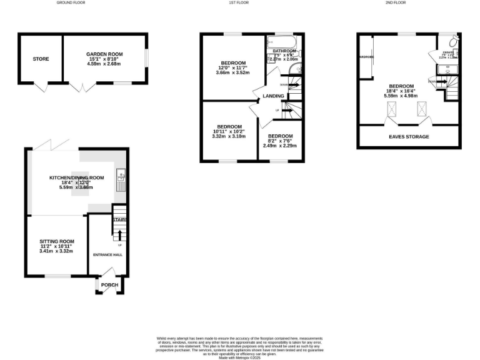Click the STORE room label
coord(41,59)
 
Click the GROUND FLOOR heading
coord(71,2)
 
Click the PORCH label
coord(110,285)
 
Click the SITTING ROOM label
coord(56,241)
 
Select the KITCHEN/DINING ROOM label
coord(76,177)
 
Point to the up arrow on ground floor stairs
coord(119,234)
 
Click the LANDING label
coord(273,96)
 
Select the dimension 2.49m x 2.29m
coord(281,146)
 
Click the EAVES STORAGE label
coord(409,136)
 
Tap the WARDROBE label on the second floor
coord(366,57)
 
